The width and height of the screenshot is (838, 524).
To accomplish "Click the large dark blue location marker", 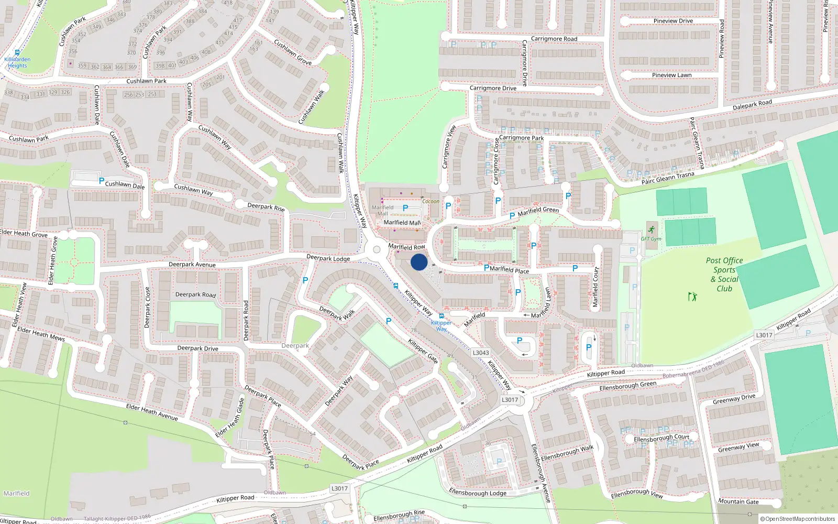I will (419, 262).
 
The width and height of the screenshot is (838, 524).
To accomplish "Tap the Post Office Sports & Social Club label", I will (724, 274).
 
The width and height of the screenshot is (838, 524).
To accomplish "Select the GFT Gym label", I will (651, 239).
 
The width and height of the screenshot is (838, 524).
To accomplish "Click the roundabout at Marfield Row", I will (376, 249).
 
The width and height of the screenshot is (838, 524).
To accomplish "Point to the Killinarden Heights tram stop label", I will (17, 62).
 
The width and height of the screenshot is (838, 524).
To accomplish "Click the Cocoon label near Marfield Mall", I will (431, 201).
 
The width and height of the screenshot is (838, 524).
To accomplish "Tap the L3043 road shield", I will (480, 353).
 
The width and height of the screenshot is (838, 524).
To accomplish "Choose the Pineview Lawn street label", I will (671, 75).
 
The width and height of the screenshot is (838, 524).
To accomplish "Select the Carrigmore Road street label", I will (554, 39).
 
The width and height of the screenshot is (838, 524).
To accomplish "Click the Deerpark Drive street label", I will (197, 348).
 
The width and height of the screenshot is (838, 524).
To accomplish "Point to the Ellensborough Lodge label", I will (477, 493).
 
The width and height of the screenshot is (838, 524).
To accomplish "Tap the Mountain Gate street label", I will (738, 501).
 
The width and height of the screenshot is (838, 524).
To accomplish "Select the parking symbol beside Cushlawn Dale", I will (101, 181).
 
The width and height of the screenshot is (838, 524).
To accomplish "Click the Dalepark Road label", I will (752, 105).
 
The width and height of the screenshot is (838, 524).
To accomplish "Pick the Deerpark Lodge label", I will (328, 258).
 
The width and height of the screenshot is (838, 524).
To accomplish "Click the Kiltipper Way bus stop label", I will (441, 325).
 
